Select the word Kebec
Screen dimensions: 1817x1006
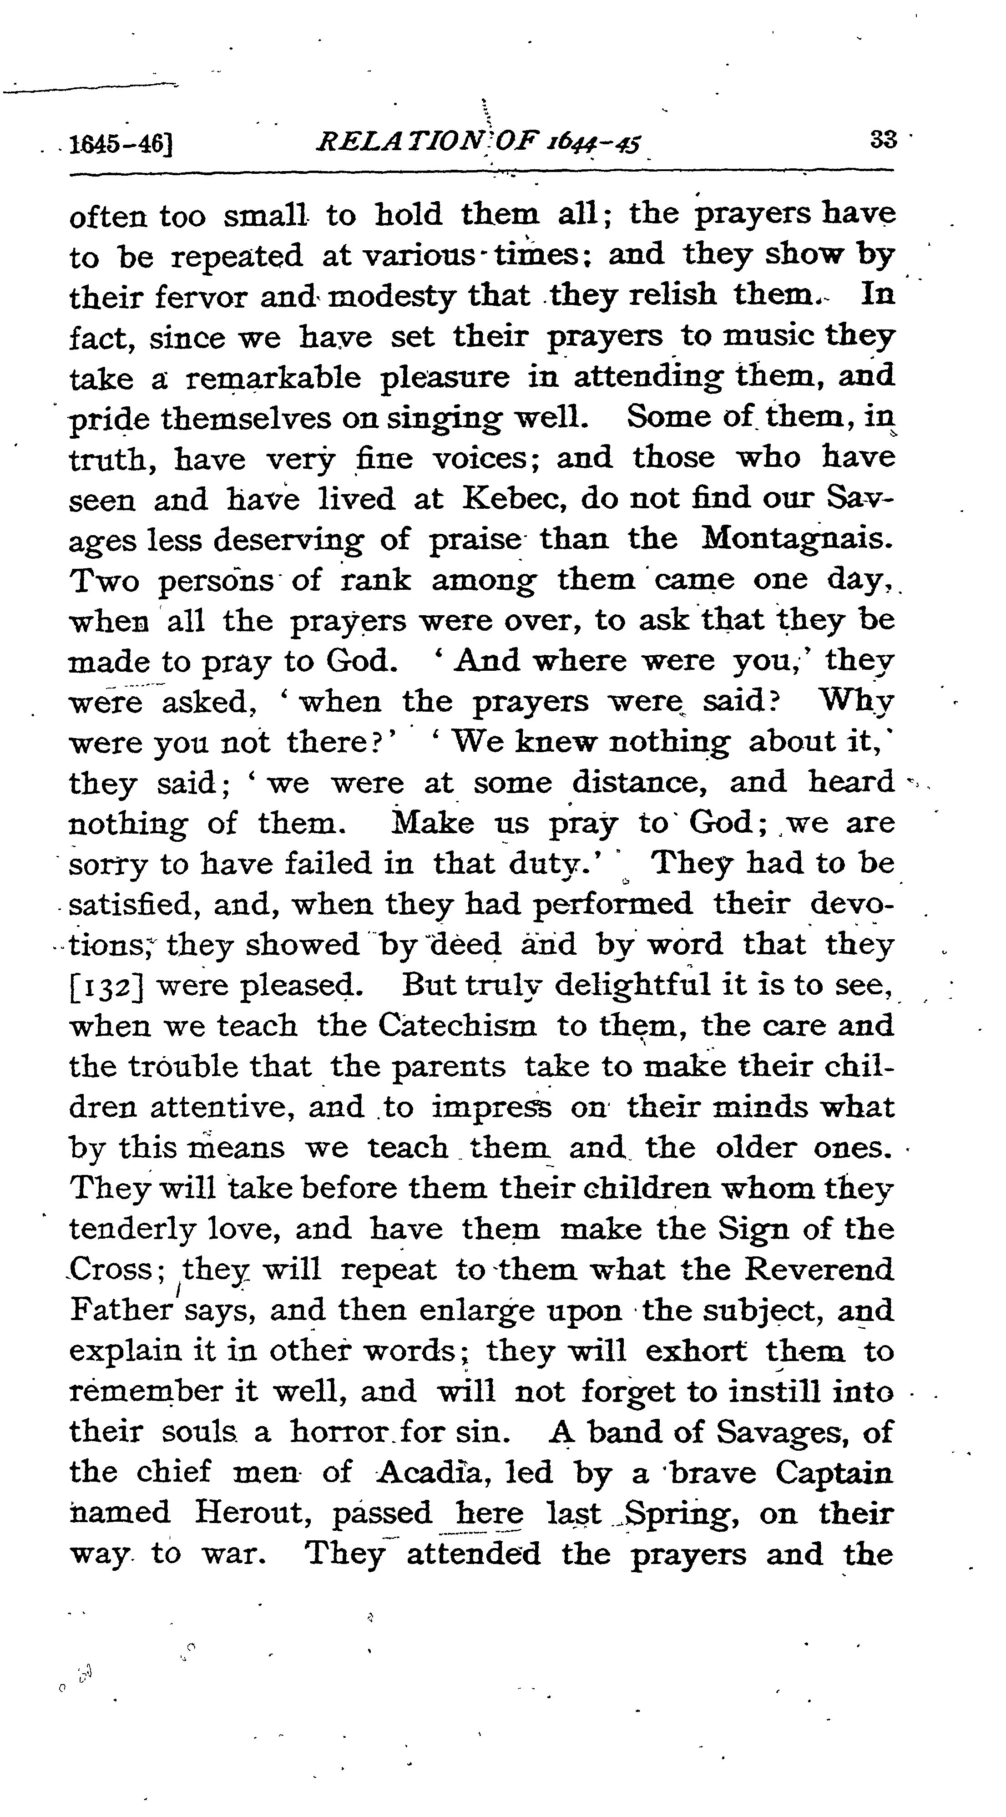(516, 499)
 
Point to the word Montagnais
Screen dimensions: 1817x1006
(797, 540)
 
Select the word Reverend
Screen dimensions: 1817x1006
(819, 1270)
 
